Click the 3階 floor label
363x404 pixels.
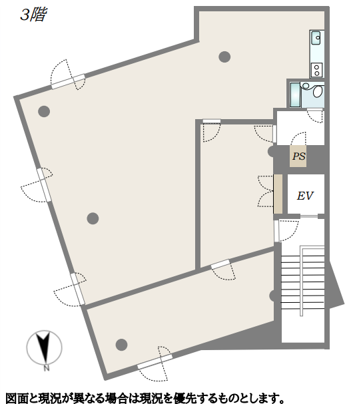click(33, 15)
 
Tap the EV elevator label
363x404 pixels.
click(305, 196)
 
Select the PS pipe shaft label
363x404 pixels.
click(298, 156)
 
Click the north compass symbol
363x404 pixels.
click(44, 348)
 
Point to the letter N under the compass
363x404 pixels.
click(46, 368)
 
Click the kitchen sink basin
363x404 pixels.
click(316, 38)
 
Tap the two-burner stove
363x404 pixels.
click(316, 70)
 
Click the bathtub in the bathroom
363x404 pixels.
click(295, 95)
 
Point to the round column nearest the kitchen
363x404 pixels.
click(224, 57)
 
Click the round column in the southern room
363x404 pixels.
click(121, 345)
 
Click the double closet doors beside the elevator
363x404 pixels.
click(266, 191)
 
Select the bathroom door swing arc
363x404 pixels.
click(314, 116)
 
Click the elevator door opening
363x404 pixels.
click(309, 216)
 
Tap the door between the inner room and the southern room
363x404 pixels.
click(223, 270)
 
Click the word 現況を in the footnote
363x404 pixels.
click(157, 398)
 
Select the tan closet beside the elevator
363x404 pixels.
click(278, 194)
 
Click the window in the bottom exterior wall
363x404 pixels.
click(155, 362)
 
